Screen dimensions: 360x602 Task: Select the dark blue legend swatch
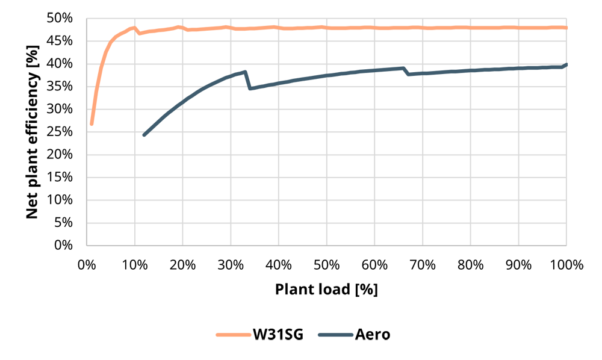[333, 332]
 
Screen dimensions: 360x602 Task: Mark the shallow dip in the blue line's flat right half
[415, 76]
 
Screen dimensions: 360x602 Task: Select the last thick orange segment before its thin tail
[545, 28]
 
